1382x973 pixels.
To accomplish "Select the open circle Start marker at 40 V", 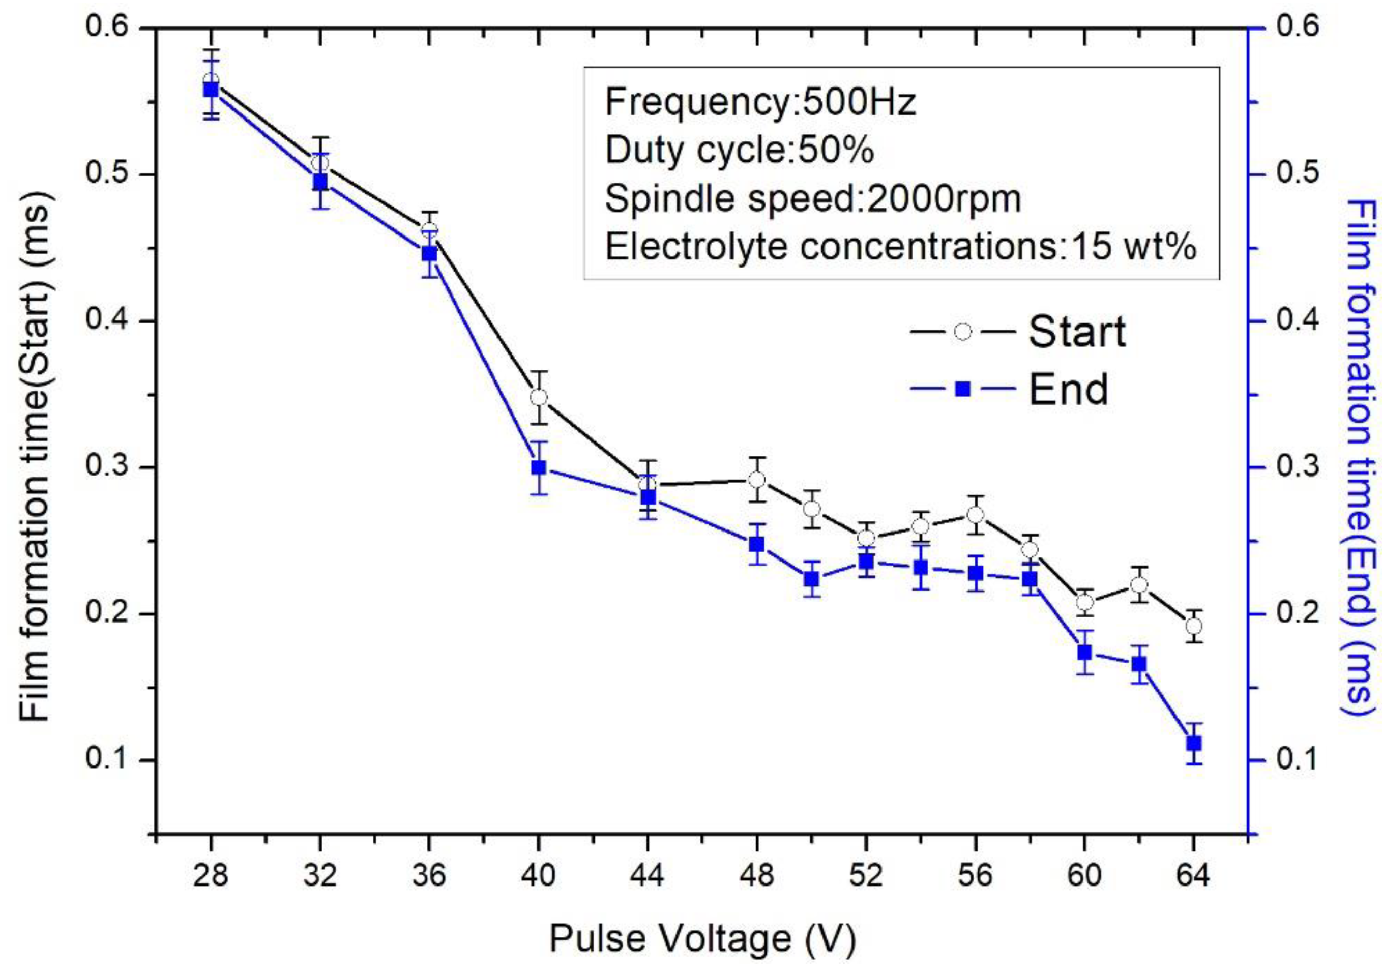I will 539,397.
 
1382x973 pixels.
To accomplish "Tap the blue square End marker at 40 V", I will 539,467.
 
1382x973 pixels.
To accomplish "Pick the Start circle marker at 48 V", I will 757,480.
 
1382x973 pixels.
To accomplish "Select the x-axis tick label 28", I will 211,875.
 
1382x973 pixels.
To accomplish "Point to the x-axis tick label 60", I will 1084,875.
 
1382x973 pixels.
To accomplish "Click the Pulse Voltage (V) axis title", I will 702,939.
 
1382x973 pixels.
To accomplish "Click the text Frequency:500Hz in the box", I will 760,102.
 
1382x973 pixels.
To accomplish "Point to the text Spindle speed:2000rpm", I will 813,198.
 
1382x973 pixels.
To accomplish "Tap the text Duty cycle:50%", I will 739,151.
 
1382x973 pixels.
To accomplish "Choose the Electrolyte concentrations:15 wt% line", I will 900,247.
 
